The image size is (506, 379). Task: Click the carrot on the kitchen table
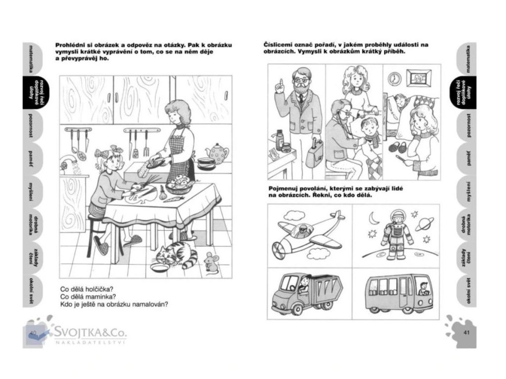173,199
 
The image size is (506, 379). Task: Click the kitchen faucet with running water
69,161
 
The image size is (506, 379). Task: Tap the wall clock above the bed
394,78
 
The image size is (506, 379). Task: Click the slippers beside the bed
399,147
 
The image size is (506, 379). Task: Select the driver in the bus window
423,288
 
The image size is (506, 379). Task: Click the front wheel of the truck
296,308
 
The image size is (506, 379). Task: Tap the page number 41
466,333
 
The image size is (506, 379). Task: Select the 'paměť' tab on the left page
31,159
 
